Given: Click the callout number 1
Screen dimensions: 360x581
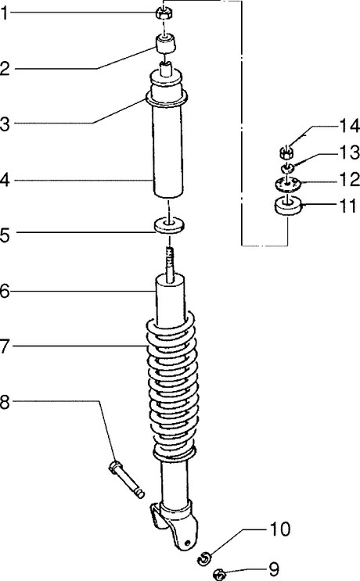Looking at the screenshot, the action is tap(4, 14).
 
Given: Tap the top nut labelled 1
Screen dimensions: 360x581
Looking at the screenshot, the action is tap(163, 13).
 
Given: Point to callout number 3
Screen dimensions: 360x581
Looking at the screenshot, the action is tap(5, 124).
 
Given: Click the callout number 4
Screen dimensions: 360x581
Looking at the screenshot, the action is tap(5, 181).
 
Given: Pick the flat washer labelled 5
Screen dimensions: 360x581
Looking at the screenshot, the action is tap(169, 227).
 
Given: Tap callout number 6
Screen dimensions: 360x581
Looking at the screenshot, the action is tap(5, 292).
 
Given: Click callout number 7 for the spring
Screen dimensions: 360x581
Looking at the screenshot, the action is tap(4, 346).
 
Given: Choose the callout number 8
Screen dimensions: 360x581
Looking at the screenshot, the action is tap(5, 402).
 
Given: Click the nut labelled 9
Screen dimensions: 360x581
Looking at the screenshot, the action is tap(220, 575).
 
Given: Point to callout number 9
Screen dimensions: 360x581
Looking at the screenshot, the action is tap(274, 568).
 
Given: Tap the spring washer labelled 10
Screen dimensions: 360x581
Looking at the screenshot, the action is tap(204, 558).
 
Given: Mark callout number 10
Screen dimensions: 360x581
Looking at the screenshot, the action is tap(279, 529).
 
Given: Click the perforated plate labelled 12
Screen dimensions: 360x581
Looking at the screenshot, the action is tap(287, 185).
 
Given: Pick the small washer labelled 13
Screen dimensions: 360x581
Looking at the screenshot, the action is tap(286, 169).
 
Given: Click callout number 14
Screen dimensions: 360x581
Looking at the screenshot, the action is tap(349, 127).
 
